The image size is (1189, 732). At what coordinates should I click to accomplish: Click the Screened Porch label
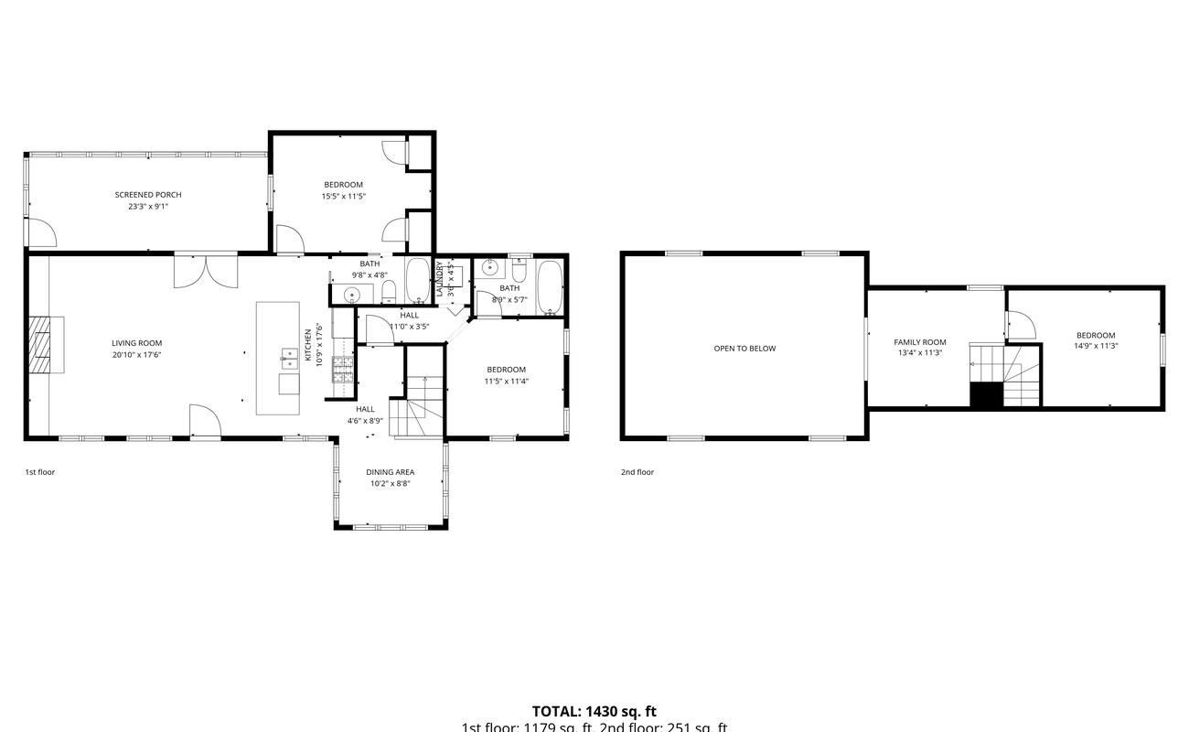point(148,195)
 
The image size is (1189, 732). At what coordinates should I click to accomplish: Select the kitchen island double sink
point(288,358)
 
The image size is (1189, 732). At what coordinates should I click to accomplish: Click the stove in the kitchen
point(343,369)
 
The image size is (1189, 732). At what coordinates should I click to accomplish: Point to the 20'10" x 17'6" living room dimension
point(136,355)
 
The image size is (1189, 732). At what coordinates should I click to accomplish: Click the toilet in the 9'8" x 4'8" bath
point(388,292)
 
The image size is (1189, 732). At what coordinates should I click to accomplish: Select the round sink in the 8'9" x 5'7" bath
point(490,268)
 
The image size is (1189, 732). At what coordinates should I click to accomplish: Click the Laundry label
point(439,278)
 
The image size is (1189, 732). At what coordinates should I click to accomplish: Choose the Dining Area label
point(391,472)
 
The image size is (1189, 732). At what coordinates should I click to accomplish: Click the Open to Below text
point(744,349)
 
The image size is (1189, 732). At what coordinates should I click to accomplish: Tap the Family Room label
point(920,342)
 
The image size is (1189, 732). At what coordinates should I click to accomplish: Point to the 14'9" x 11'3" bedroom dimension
point(1096,346)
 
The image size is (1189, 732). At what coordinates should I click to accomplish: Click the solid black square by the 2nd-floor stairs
point(986,395)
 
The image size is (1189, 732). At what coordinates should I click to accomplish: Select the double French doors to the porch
point(207,271)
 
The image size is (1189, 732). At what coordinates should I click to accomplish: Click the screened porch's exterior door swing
point(41,233)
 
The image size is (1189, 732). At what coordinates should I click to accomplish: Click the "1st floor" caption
point(40,472)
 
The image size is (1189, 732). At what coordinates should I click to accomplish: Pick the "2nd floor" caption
point(637,472)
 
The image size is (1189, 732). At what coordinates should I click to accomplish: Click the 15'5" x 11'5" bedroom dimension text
point(343,196)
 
